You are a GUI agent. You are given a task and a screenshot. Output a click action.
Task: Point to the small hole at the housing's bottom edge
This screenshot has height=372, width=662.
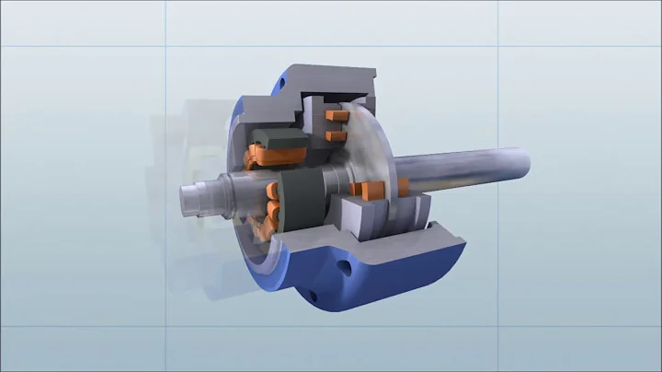pyautogui.click(x=312, y=296)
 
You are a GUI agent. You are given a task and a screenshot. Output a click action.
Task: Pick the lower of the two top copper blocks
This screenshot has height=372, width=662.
pyautogui.click(x=337, y=135)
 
